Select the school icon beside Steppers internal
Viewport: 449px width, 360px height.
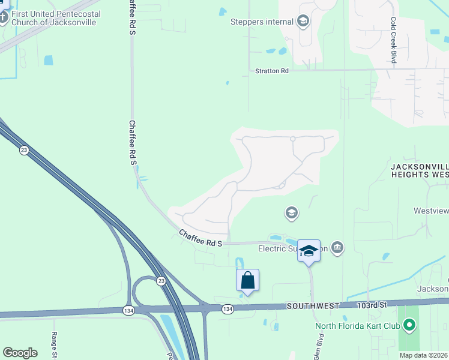303,22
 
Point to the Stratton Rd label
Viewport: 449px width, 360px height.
272,71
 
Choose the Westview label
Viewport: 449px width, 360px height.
431,211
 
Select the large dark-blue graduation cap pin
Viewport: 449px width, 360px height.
309,250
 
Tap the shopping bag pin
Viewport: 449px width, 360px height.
247,280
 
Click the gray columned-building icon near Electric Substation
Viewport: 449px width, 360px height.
337,247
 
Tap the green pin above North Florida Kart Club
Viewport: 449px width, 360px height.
409,326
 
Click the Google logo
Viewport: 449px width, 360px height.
20,353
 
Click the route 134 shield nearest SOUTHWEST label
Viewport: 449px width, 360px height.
227,308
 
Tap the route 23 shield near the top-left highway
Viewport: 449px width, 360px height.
24,150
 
